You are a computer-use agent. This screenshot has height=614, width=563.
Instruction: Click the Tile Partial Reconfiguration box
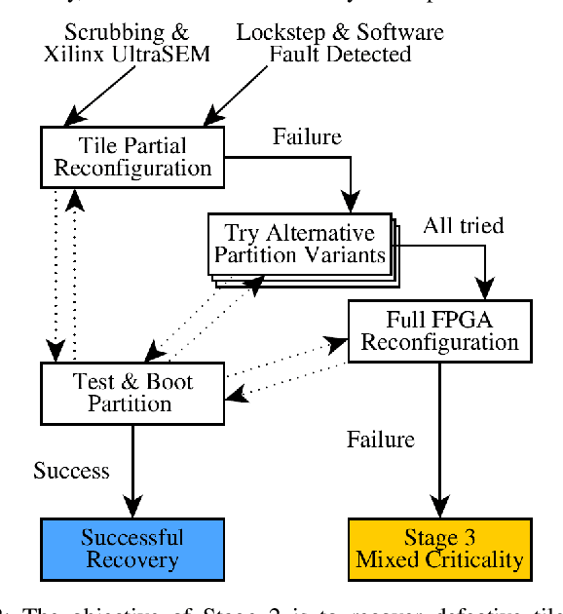click(131, 156)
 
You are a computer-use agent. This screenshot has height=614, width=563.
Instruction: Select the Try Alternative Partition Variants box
click(299, 245)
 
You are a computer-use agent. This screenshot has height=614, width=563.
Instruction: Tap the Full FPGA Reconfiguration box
click(439, 330)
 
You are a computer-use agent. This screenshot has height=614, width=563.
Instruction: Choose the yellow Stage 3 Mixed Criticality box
click(439, 549)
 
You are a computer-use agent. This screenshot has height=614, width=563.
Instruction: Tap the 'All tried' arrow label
click(463, 226)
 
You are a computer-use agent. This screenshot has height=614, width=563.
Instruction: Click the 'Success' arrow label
click(72, 471)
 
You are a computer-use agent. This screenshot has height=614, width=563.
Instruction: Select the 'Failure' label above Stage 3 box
click(381, 440)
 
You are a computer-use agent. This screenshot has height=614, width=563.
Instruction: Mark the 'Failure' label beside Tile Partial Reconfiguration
click(307, 136)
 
